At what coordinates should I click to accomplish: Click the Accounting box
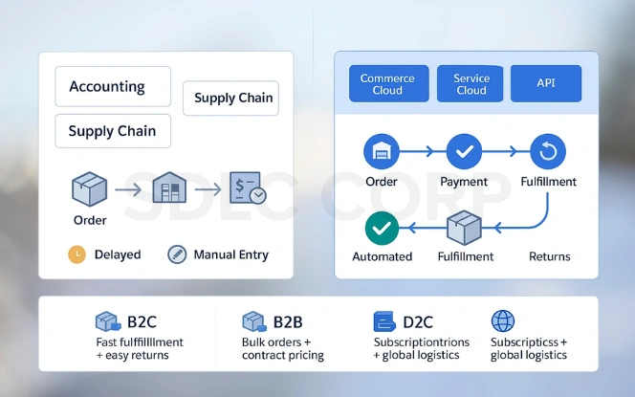click(113, 86)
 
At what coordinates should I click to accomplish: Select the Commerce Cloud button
click(387, 84)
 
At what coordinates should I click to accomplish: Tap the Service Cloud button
click(471, 84)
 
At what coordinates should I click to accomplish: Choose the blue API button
click(545, 84)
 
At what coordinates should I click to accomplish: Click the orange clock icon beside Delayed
click(77, 254)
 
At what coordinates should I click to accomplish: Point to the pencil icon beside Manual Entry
click(177, 254)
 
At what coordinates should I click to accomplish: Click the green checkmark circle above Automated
click(383, 228)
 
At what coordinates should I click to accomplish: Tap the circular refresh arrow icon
click(548, 151)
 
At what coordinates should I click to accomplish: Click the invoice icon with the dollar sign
click(248, 188)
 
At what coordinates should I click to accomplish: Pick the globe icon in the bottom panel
click(502, 320)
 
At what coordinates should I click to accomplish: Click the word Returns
click(549, 256)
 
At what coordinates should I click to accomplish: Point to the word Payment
click(464, 182)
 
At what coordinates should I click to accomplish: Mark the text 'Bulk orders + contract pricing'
click(283, 348)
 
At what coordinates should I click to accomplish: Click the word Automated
click(383, 256)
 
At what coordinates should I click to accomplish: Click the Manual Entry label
click(230, 254)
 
